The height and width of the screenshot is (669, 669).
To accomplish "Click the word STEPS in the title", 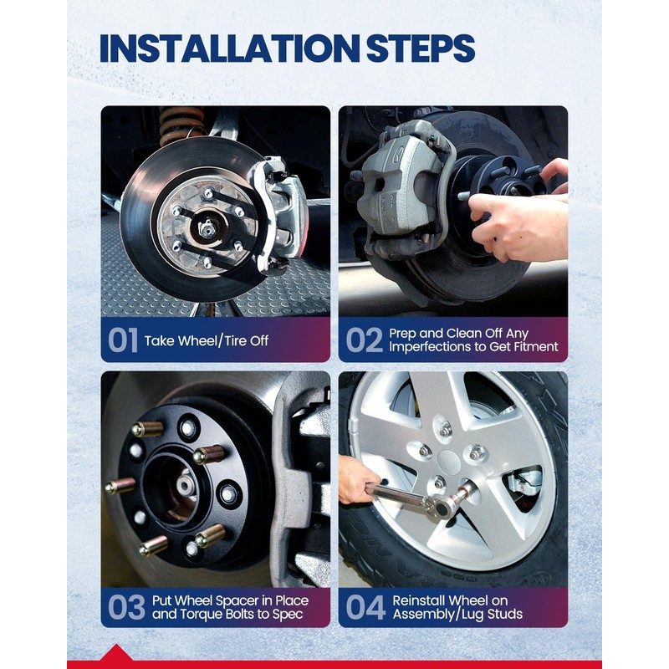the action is pos(421,48).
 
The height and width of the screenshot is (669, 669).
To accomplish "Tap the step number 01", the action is pos(123,340).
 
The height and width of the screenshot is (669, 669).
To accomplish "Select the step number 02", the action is pos(364,340).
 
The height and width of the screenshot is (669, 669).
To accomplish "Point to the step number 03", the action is pos(127,607).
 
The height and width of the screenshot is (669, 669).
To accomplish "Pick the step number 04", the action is pos(365,607).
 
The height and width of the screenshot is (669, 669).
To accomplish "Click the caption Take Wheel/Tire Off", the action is pos(207,341).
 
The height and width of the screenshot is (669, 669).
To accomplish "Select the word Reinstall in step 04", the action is pos(420,600).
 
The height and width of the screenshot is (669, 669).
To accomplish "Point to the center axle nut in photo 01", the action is pos(207,228).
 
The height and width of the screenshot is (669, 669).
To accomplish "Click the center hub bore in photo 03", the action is pos(178,486).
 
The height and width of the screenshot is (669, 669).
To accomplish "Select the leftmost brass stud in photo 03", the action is pos(120,486).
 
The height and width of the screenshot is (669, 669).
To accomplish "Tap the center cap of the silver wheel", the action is pos(449,462).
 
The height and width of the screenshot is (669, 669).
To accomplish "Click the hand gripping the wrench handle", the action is pos(356,478).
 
